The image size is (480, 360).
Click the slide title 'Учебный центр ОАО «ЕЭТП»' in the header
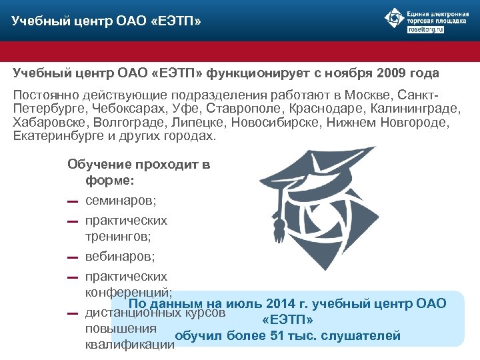point(106,23)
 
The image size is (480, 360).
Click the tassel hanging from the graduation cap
point(277,230)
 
